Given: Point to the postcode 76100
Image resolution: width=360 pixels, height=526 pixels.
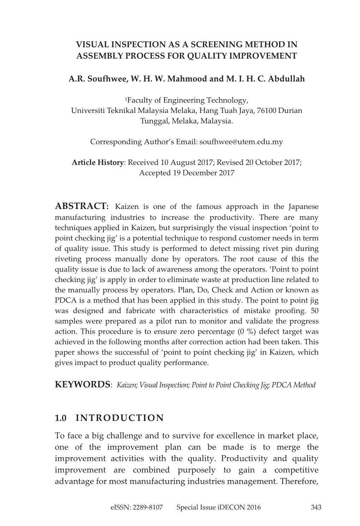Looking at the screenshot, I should [267, 110].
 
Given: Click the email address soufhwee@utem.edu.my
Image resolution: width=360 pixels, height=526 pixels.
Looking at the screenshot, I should [241, 142].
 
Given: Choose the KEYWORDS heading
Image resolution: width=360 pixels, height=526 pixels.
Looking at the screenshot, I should [83, 384].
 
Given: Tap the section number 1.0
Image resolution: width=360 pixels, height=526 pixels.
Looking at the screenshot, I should [61, 418].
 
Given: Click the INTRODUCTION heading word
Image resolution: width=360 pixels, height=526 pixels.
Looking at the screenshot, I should [120, 418].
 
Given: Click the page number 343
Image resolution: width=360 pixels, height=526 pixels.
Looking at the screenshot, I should [316, 508].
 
